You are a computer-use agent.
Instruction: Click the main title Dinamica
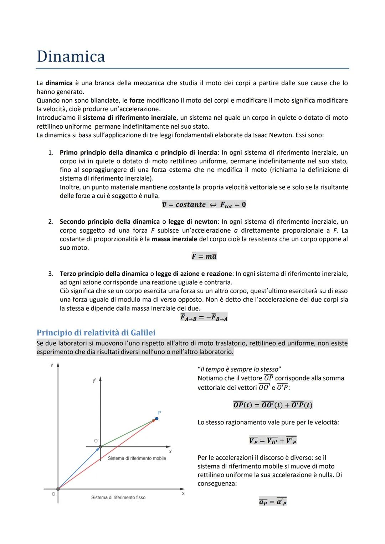pyautogui.click(x=71, y=56)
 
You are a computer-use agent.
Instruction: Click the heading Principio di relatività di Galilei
pyautogui.click(x=96, y=332)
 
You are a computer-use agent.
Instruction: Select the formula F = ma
pyautogui.click(x=204, y=256)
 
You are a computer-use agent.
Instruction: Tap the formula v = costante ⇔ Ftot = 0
pyautogui.click(x=204, y=204)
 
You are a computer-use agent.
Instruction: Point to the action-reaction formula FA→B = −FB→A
pyautogui.click(x=204, y=317)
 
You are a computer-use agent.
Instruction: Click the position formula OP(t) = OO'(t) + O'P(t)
pyautogui.click(x=273, y=405)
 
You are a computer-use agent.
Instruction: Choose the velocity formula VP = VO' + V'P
pyautogui.click(x=273, y=441)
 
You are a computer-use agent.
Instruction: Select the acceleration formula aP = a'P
pyautogui.click(x=273, y=502)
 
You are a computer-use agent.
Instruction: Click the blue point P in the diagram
pyautogui.click(x=156, y=419)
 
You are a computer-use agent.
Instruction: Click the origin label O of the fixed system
pyautogui.click(x=53, y=494)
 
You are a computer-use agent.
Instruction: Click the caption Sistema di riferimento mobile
pyautogui.click(x=137, y=458)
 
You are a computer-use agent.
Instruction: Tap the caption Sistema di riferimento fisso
pyautogui.click(x=118, y=497)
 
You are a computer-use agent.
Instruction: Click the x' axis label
pyautogui.click(x=171, y=451)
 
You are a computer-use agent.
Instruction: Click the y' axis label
pyautogui.click(x=94, y=380)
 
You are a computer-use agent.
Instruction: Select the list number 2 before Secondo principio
pyautogui.click(x=51, y=222)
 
